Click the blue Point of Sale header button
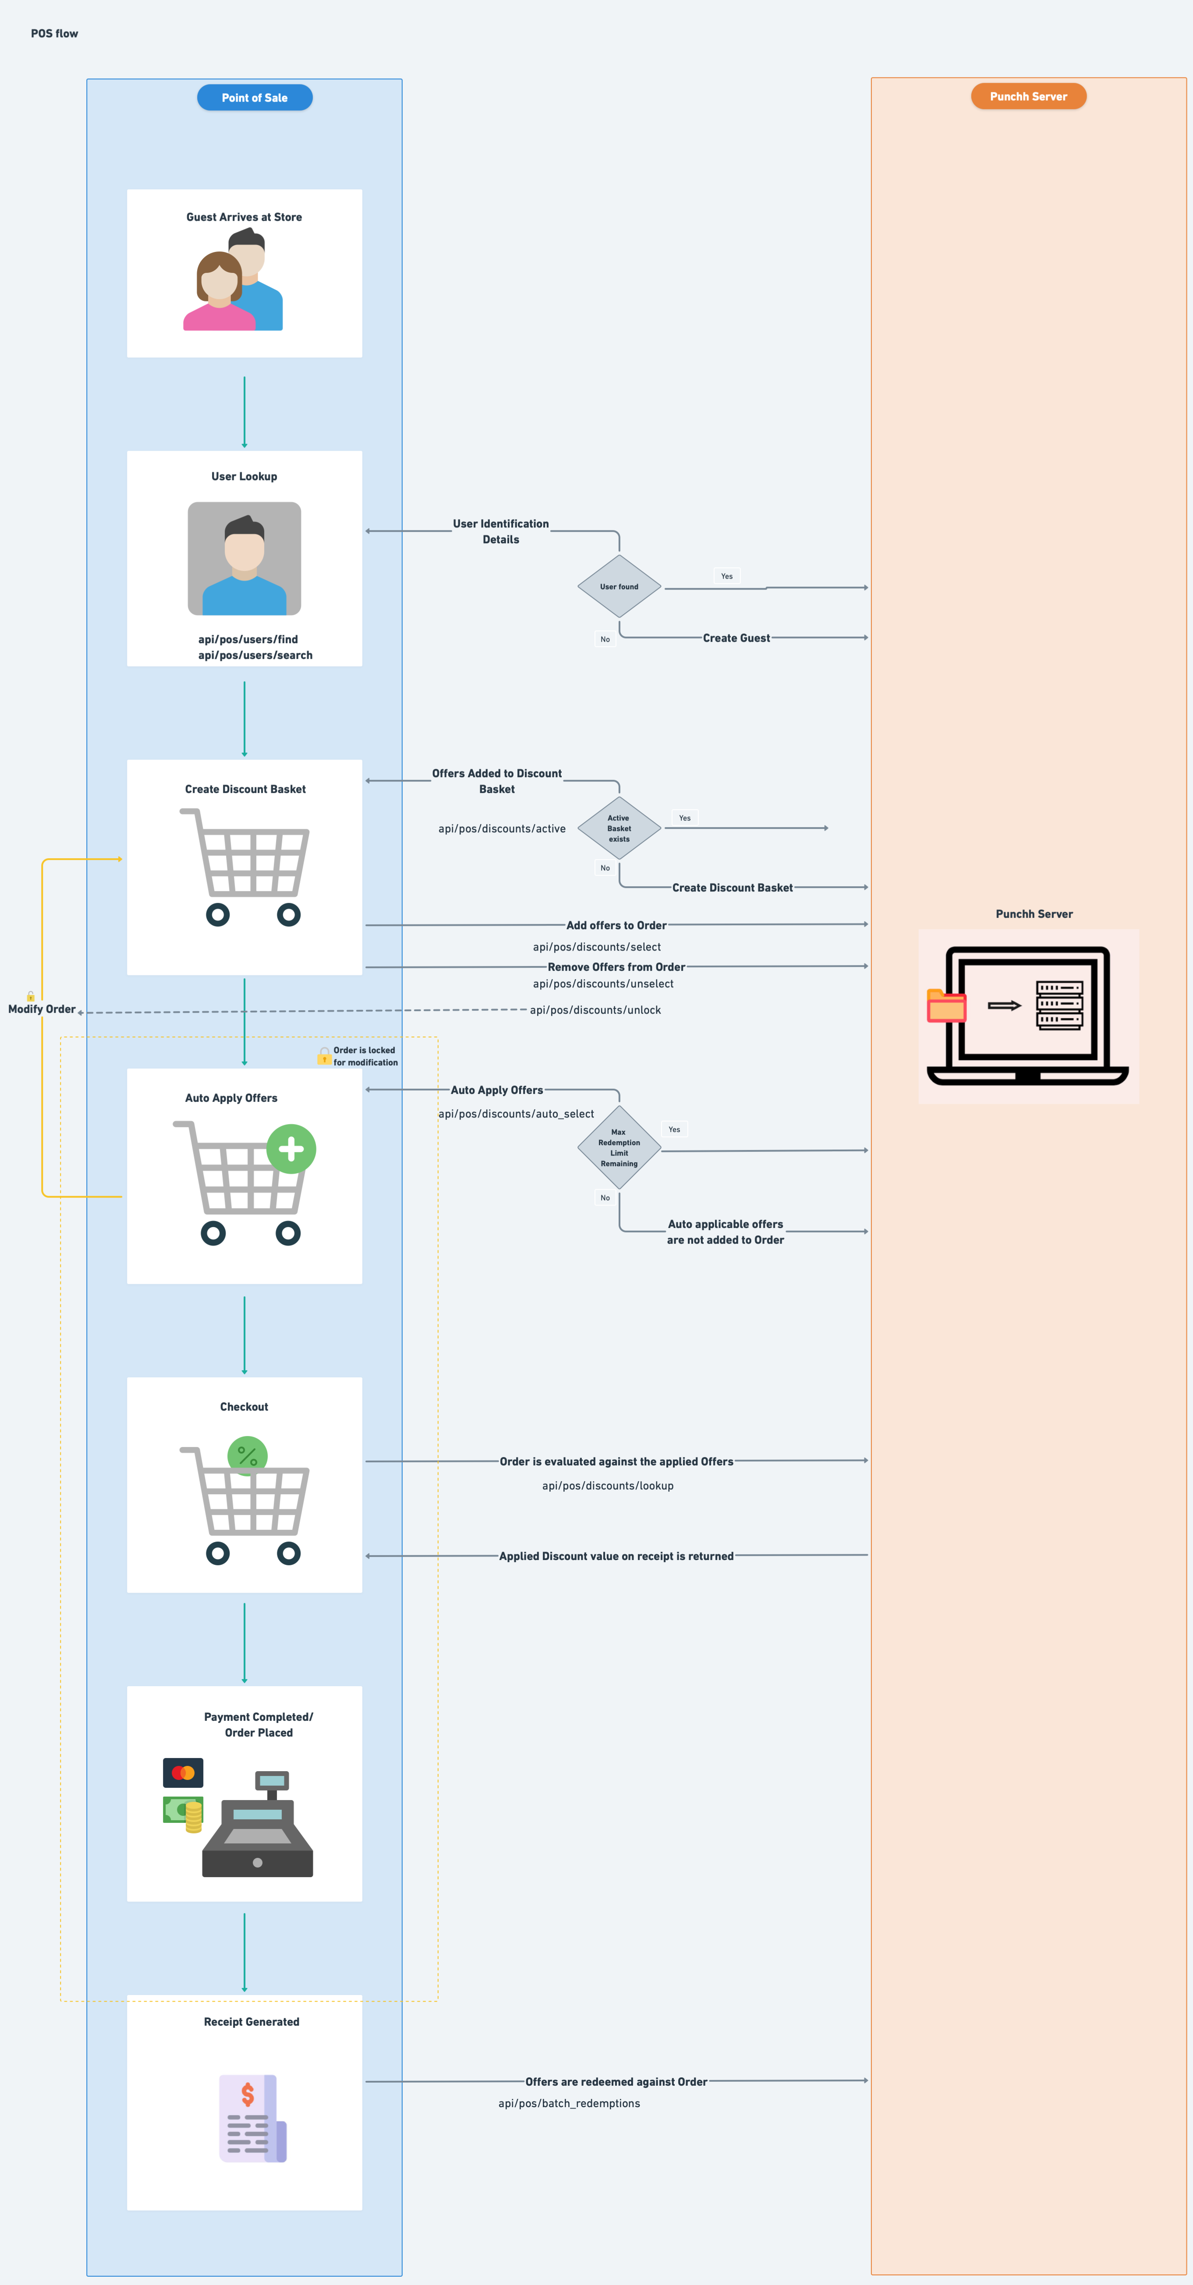[x=255, y=98]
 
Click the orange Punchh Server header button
[x=1028, y=97]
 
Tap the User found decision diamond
[x=619, y=586]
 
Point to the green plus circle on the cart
[x=291, y=1149]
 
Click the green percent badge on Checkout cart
[x=248, y=1456]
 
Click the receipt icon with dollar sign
[x=252, y=2118]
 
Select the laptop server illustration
[x=1028, y=1015]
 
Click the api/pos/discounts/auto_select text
[x=516, y=1114]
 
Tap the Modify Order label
[x=42, y=1009]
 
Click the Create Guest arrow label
[x=736, y=638]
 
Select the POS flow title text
[x=54, y=34]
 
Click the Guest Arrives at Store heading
[x=244, y=217]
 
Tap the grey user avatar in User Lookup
[x=244, y=559]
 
